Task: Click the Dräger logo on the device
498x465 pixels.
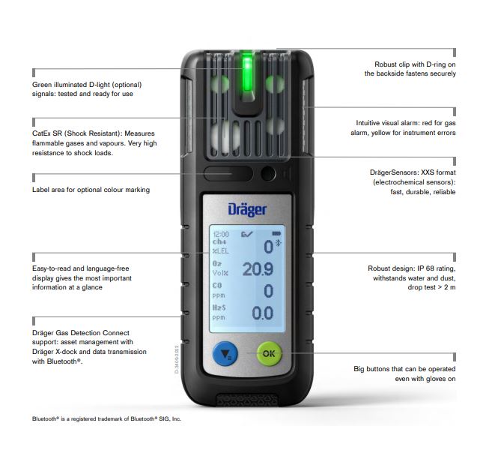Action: coord(248,206)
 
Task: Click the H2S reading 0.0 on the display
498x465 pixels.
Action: coord(261,313)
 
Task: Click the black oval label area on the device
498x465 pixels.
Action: coord(228,175)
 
